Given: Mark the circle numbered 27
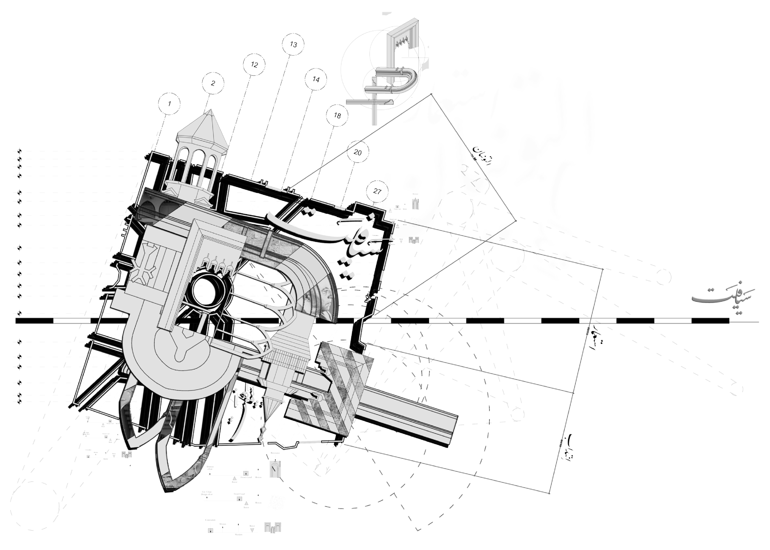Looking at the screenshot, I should [377, 191].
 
